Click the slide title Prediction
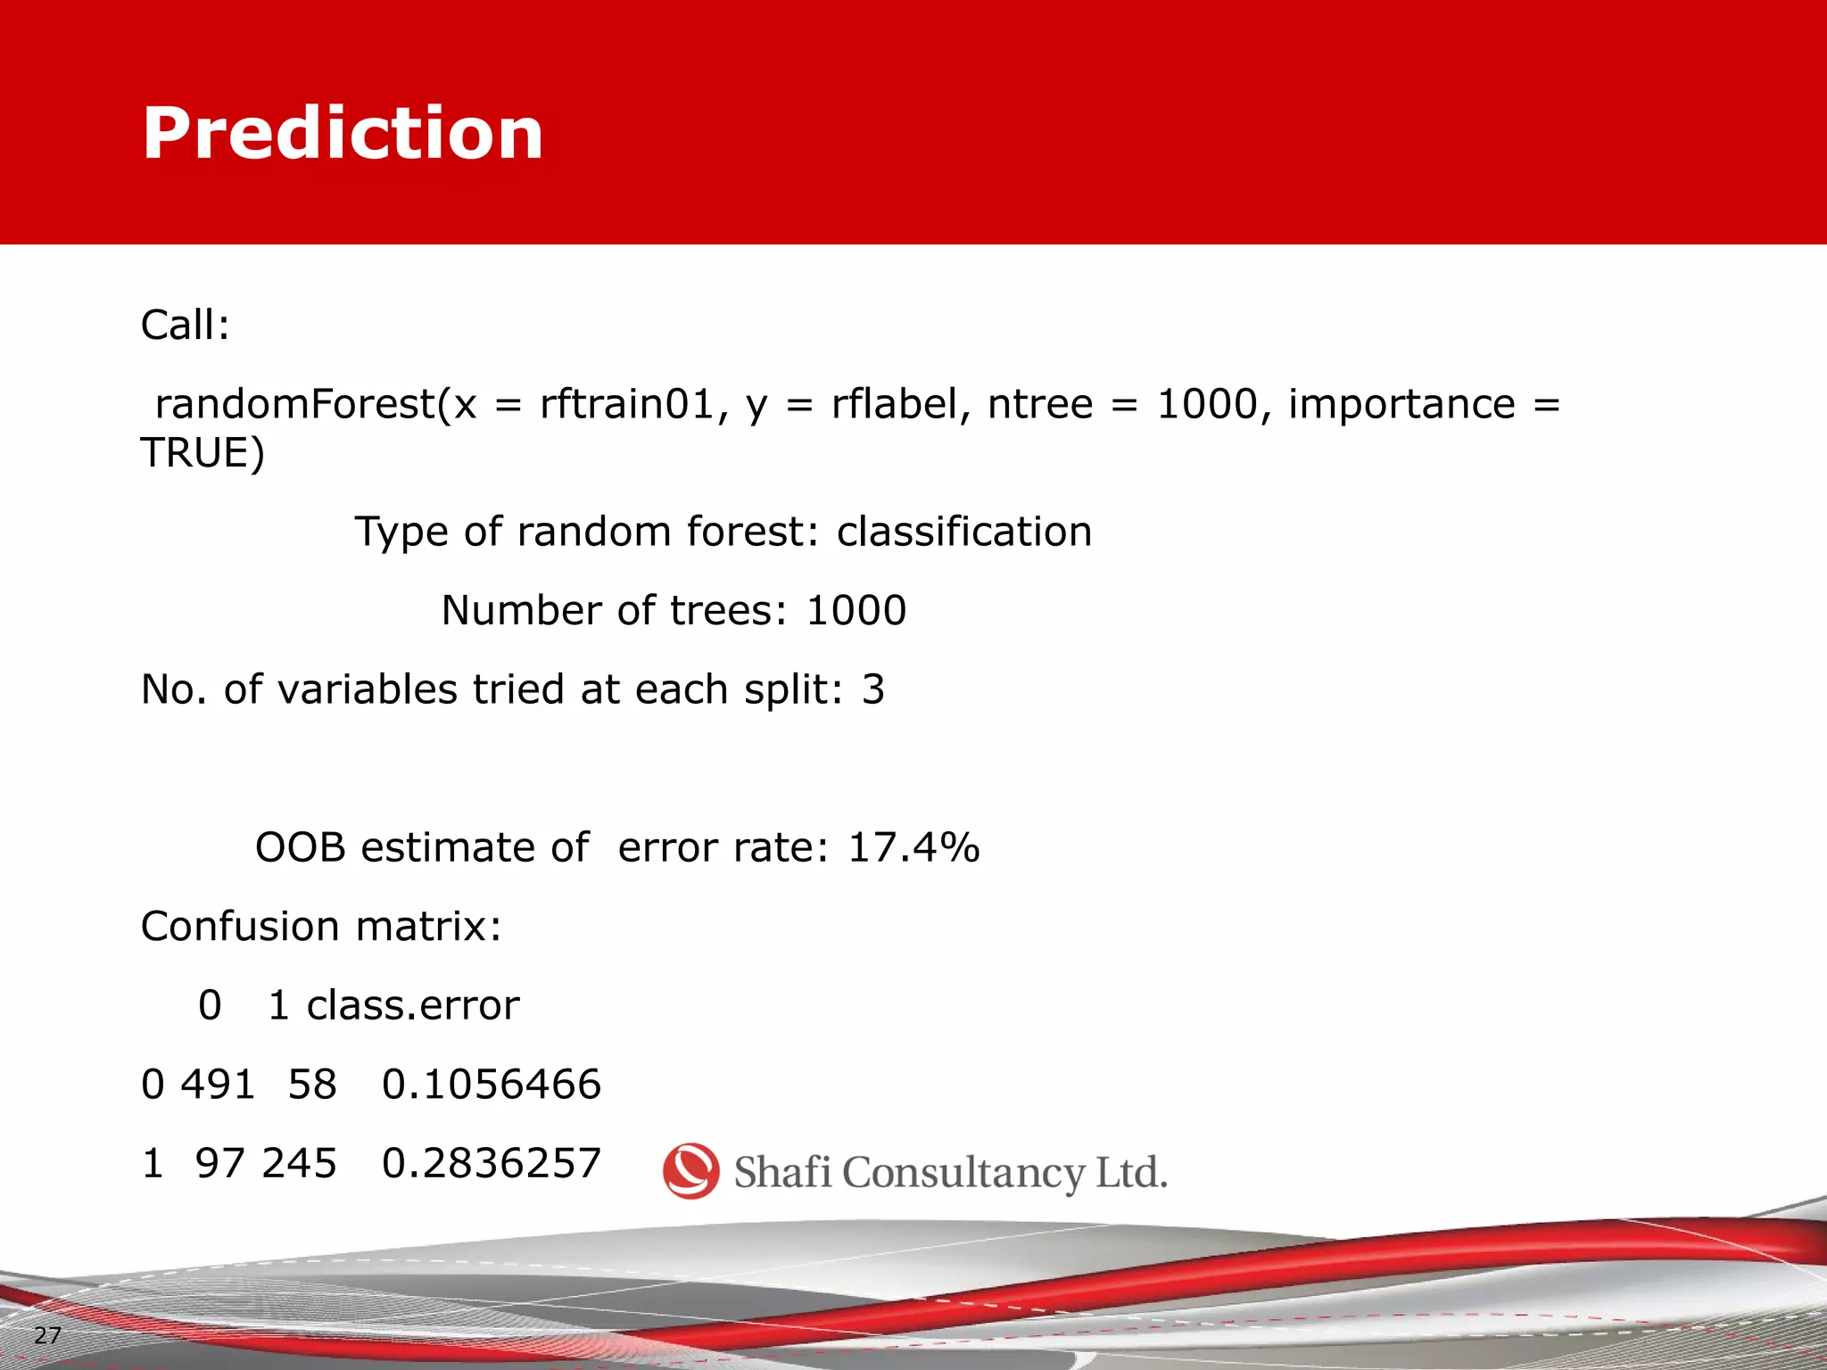pyautogui.click(x=343, y=134)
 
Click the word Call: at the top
pyautogui.click(x=186, y=325)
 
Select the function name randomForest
pyautogui.click(x=294, y=405)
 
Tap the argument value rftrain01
pyautogui.click(x=627, y=405)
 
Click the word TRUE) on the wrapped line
pyautogui.click(x=203, y=453)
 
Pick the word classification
pyautogui.click(x=963, y=532)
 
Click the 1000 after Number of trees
pyautogui.click(x=856, y=611)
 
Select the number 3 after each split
pyautogui.click(x=872, y=689)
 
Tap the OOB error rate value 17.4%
pyautogui.click(x=913, y=847)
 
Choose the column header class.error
pyautogui.click(x=413, y=1006)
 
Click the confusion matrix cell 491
pyautogui.click(x=218, y=1085)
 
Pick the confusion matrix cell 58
pyautogui.click(x=312, y=1085)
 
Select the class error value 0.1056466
pyautogui.click(x=492, y=1085)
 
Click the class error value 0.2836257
pyautogui.click(x=492, y=1164)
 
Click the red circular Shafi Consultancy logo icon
pyautogui.click(x=691, y=1171)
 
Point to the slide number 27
pyautogui.click(x=47, y=1335)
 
